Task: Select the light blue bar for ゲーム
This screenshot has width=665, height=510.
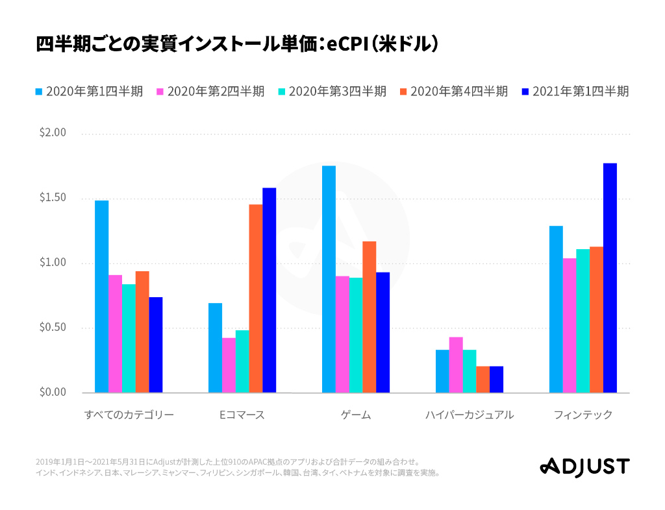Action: pos(329,279)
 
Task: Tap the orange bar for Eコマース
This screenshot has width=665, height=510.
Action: pos(256,298)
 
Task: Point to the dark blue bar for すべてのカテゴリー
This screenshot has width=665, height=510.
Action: pos(156,345)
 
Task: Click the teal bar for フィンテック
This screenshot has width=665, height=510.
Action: pos(583,321)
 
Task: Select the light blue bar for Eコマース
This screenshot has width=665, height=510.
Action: pos(215,348)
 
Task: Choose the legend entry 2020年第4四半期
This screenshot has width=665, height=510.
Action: pos(454,91)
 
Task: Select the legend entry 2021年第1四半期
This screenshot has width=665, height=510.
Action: pos(575,91)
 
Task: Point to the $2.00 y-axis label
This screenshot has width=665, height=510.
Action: pos(53,133)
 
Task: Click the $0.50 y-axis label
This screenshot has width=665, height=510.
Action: pos(53,328)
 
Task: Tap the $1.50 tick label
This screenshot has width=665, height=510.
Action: pos(53,198)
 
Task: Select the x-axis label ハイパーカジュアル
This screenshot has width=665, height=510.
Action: pos(470,415)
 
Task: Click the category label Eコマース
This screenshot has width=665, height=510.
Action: pos(242,415)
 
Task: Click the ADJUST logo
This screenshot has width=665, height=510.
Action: pos(584,466)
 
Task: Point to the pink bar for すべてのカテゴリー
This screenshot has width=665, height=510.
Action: pos(115,334)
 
